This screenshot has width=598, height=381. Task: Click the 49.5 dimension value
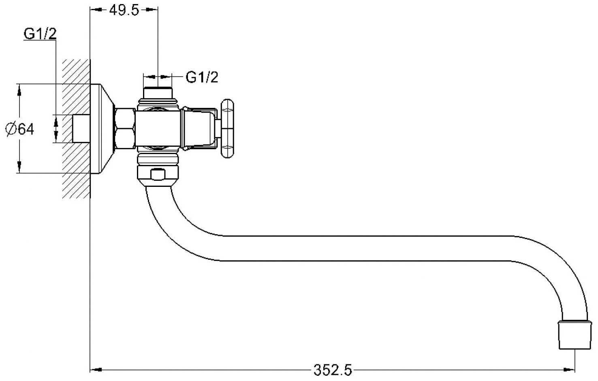(x=124, y=11)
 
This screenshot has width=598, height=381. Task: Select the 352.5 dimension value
(x=333, y=370)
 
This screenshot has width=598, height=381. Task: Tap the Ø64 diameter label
(x=20, y=129)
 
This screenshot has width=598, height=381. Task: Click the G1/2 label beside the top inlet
(x=202, y=77)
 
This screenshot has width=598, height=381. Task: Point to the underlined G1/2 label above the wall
(x=40, y=34)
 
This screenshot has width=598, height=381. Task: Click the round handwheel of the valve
(x=227, y=128)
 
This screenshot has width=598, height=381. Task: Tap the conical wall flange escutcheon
(x=102, y=129)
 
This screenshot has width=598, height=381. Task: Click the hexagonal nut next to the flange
(x=125, y=128)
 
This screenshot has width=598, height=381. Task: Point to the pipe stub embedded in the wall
(x=81, y=128)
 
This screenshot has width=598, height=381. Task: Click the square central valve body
(x=158, y=129)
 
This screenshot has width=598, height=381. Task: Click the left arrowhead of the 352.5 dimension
(x=96, y=370)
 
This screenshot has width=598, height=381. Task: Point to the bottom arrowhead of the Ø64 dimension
(x=19, y=167)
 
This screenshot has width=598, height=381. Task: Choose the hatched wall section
(x=76, y=129)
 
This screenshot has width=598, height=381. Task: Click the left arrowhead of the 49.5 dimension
(x=96, y=10)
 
